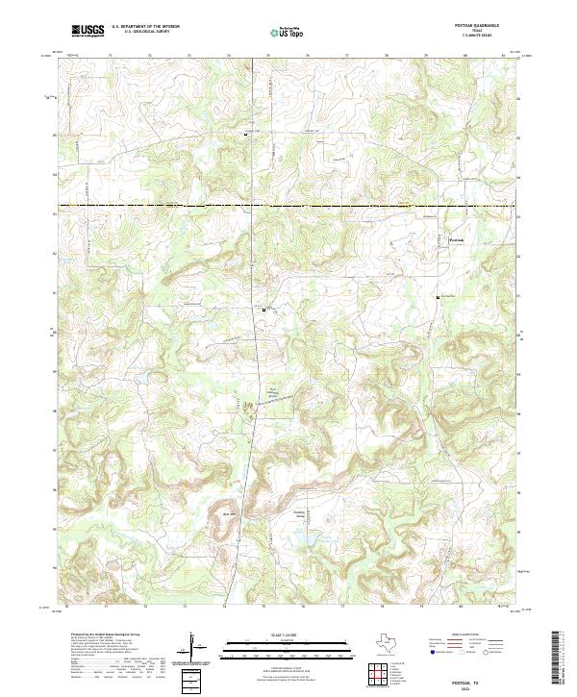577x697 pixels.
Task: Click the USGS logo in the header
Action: click(89, 31)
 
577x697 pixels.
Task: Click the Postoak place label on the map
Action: click(457, 240)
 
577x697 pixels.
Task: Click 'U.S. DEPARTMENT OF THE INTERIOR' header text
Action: click(144, 27)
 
